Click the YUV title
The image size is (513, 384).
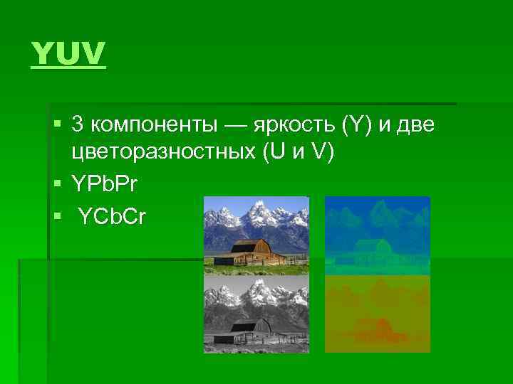(x=68, y=54)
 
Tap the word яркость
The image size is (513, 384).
(x=299, y=125)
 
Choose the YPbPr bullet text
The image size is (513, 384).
(x=105, y=184)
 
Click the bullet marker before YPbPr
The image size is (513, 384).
(x=58, y=184)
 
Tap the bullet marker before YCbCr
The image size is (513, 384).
(x=58, y=215)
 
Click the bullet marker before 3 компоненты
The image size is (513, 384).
(x=58, y=125)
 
